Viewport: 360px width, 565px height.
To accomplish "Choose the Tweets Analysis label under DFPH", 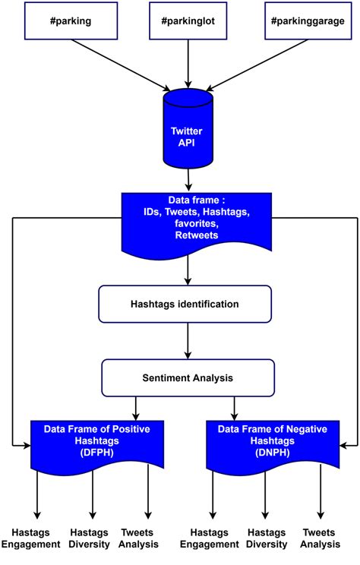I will click(142, 538).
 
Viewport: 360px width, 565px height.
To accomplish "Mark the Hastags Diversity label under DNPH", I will click(266, 538).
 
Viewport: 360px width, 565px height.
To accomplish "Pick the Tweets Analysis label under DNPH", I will click(321, 538).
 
